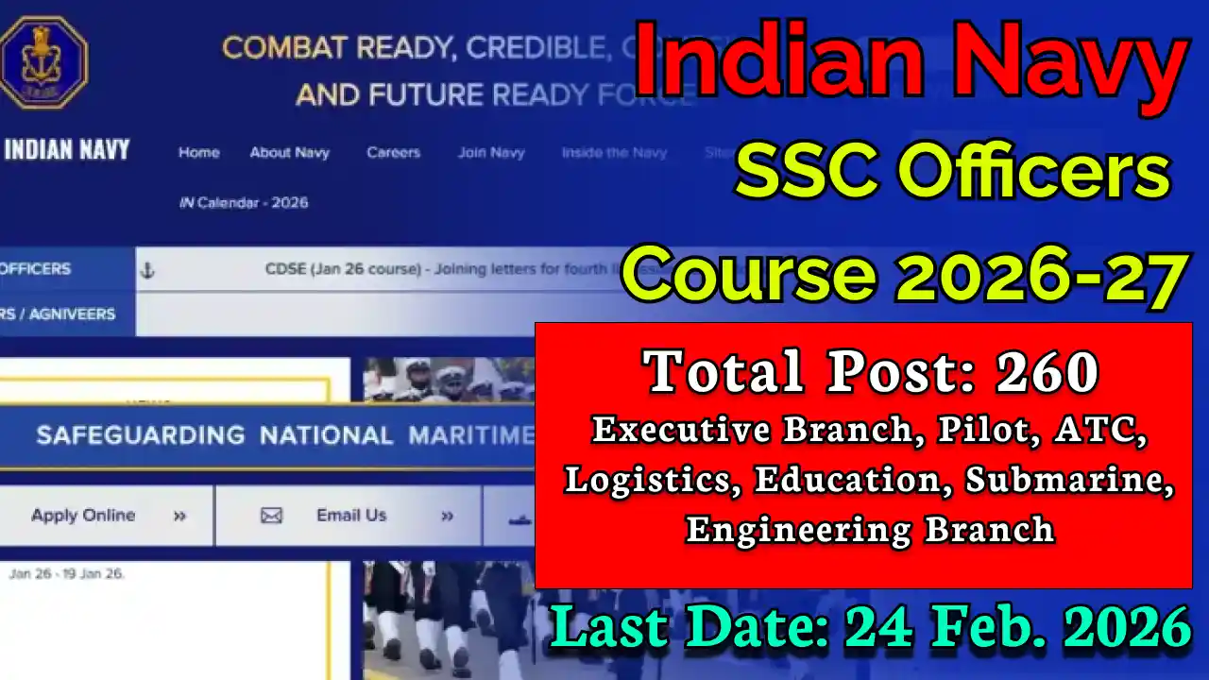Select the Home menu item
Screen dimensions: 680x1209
[198, 152]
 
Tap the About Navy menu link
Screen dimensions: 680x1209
[289, 152]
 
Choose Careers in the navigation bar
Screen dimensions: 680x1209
[393, 152]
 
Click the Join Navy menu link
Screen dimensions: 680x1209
[491, 152]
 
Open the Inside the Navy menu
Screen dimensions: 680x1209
[614, 152]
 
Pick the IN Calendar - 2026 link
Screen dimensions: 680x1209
[244, 202]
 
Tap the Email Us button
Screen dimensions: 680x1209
[350, 516]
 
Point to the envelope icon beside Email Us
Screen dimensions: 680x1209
[271, 516]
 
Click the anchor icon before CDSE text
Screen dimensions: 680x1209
[146, 270]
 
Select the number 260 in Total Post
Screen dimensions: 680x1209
[1047, 371]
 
